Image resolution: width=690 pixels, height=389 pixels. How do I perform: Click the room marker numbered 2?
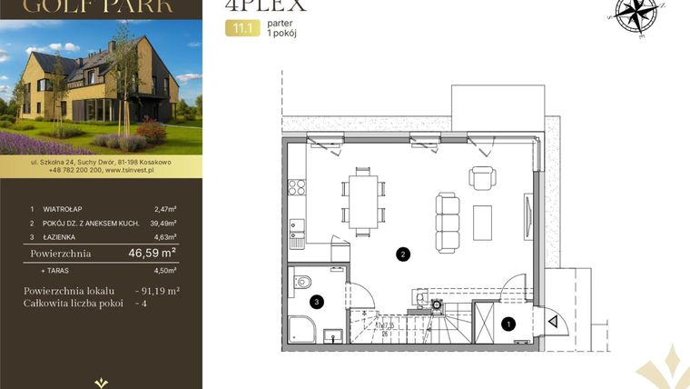click(402, 254)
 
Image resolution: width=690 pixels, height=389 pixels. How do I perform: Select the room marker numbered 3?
click(316, 301)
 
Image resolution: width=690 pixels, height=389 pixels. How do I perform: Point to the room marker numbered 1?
click(508, 322)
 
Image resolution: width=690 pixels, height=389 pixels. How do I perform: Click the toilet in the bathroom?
click(302, 284)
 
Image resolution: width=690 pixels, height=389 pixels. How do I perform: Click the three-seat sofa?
click(448, 214)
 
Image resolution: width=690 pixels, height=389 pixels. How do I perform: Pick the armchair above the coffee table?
click(482, 176)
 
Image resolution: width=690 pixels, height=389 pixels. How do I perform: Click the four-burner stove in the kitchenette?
click(296, 188)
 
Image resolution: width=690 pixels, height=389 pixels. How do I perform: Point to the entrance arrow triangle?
click(551, 319)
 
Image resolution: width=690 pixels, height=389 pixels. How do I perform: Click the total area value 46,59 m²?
click(153, 254)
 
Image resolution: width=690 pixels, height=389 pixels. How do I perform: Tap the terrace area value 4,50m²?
click(165, 270)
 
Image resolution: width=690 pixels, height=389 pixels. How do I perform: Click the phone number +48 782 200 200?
click(66, 169)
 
